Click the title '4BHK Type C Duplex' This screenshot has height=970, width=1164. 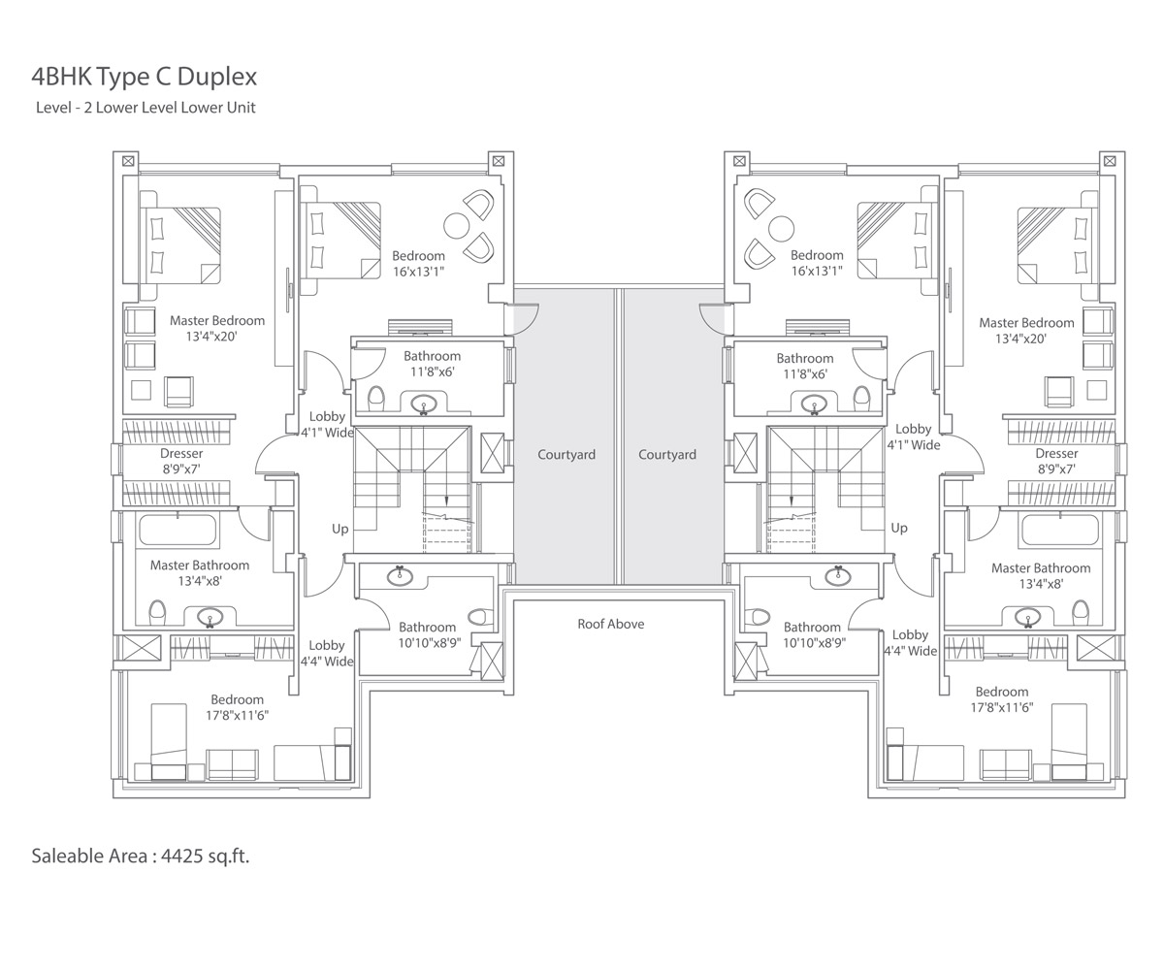click(144, 77)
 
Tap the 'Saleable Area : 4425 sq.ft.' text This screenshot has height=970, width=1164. click(141, 856)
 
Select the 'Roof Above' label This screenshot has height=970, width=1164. click(610, 624)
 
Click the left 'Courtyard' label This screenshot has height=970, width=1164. click(566, 455)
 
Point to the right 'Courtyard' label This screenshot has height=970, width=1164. click(667, 455)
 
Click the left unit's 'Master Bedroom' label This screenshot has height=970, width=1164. click(217, 320)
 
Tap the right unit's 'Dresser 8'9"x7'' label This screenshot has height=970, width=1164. click(1056, 461)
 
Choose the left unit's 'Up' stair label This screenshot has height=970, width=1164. click(340, 529)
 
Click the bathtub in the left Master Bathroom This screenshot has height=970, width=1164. click(178, 530)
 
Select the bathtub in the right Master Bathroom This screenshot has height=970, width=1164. click(1060, 530)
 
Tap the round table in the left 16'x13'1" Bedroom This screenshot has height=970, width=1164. click(456, 226)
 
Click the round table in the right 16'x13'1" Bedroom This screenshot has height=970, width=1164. click(781, 228)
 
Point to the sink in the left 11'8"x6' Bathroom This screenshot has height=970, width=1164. click(425, 404)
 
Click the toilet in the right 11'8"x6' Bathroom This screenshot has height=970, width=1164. click(862, 398)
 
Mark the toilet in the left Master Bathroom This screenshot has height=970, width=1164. click(157, 613)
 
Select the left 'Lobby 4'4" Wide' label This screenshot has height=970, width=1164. click(327, 654)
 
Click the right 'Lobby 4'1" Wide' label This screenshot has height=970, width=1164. click(913, 437)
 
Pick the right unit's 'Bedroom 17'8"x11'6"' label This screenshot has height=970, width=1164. click(1002, 699)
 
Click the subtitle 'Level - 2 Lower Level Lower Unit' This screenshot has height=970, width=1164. click(145, 108)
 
